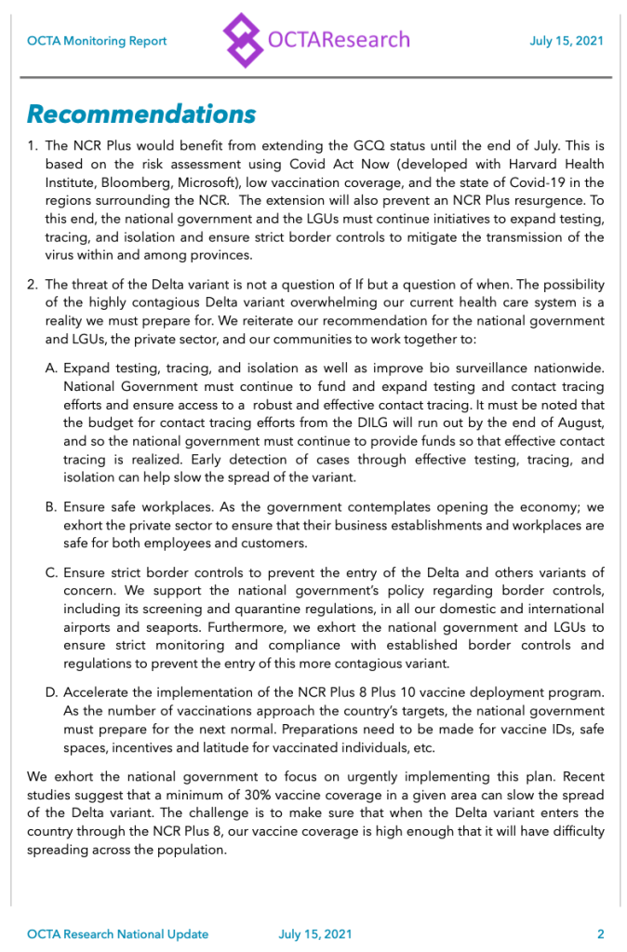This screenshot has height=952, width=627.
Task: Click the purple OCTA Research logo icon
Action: click(245, 40)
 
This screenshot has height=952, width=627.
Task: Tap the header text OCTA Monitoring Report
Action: click(97, 41)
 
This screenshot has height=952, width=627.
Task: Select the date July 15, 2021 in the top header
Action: click(566, 41)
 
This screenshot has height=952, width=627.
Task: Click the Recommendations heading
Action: click(140, 114)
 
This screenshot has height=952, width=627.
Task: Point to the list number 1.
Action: click(33, 146)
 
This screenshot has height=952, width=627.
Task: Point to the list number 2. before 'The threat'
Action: click(33, 284)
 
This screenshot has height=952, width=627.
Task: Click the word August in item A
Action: click(580, 424)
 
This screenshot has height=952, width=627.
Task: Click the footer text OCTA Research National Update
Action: click(117, 933)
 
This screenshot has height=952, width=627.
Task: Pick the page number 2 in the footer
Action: click(601, 933)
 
